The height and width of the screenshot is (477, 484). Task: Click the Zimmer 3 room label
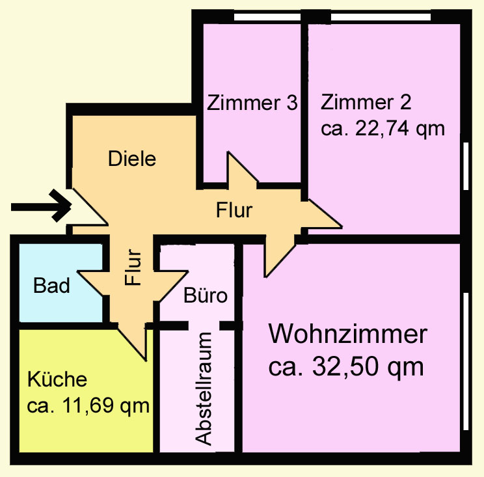252,103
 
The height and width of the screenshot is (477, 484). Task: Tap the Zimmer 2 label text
366,102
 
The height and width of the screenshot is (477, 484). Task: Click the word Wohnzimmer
348,334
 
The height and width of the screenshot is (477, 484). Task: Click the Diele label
132,159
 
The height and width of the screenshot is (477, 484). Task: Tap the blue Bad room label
51,285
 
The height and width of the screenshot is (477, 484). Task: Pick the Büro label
206,295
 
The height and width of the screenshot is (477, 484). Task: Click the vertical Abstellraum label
204,389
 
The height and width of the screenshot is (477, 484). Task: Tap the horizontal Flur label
234,210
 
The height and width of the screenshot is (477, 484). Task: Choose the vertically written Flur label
133,267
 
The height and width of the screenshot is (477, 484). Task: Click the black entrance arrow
42,206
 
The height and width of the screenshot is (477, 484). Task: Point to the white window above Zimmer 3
267,17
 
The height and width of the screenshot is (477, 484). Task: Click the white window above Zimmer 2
381,17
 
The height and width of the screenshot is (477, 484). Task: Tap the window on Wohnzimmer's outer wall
466,361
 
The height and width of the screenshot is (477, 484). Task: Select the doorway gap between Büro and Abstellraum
204,326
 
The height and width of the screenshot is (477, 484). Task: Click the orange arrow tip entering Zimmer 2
342,227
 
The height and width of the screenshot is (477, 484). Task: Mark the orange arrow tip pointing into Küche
145,361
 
